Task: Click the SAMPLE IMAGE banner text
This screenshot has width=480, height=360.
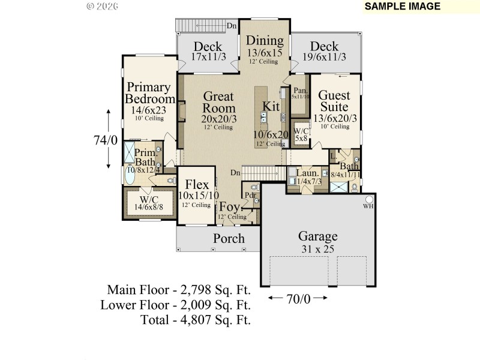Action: pyautogui.click(x=402, y=7)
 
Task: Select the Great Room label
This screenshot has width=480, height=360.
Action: pyautogui.click(x=218, y=102)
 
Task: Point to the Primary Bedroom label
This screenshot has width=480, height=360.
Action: pyautogui.click(x=151, y=92)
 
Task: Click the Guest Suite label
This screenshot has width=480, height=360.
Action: pyautogui.click(x=335, y=101)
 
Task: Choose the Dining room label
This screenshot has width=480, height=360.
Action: pyautogui.click(x=265, y=41)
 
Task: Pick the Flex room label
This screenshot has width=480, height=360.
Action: pyautogui.click(x=197, y=184)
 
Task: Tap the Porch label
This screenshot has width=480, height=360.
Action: pyautogui.click(x=229, y=239)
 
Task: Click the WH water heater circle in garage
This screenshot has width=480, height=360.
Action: pyautogui.click(x=369, y=199)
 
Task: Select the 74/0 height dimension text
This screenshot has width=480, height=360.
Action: pyautogui.click(x=105, y=140)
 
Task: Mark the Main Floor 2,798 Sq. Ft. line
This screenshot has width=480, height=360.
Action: pyautogui.click(x=178, y=290)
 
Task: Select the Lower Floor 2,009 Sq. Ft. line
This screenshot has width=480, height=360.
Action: pyautogui.click(x=175, y=305)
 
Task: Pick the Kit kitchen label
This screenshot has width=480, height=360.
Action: pyautogui.click(x=271, y=106)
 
